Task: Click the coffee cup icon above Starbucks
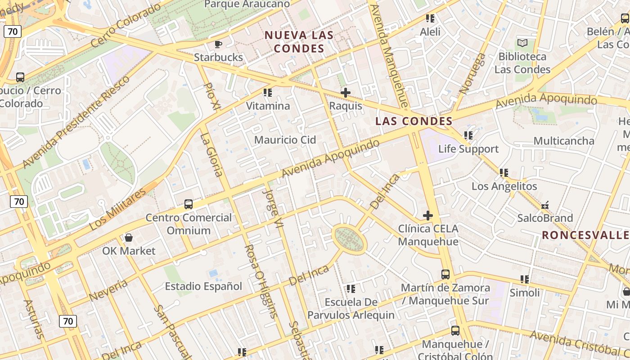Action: coord(218,44)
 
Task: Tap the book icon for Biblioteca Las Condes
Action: coord(522,43)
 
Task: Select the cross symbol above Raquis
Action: coord(346,93)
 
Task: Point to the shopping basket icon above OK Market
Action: coord(129,237)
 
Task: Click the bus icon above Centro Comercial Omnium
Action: coord(189,204)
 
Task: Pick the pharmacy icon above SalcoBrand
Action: coord(545,205)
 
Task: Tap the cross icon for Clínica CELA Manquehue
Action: coord(428,216)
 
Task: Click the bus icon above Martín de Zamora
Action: coord(445,274)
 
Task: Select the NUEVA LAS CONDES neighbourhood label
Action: coord(299,41)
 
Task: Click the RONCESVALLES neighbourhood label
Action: coord(585,235)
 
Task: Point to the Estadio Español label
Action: coord(203,286)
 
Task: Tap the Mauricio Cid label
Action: coord(285,139)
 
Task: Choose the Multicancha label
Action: coord(564,141)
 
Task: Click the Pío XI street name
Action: coord(212,96)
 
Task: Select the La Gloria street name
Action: coord(211,154)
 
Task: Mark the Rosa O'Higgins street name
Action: coord(260,282)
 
